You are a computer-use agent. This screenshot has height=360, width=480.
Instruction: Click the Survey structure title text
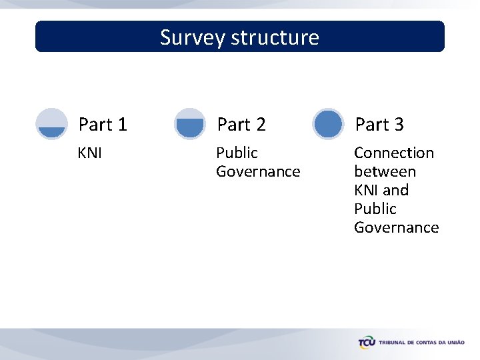point(239,37)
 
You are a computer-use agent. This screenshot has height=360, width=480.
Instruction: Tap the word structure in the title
point(275,37)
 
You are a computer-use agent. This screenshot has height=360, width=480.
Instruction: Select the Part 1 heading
point(103,125)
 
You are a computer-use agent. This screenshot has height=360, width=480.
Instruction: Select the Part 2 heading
point(241,125)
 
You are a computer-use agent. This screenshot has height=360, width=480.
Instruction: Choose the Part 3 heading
point(379,125)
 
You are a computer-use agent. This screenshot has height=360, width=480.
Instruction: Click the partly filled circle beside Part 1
point(51,124)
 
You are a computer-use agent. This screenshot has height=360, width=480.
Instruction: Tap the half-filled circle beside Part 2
point(190,124)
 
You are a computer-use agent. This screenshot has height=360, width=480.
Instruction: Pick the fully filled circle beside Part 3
point(328,124)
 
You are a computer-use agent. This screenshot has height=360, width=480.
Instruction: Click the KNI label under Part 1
point(90,153)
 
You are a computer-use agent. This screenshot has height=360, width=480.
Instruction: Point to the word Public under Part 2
point(237,153)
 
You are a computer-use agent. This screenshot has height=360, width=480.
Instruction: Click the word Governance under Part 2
point(258,172)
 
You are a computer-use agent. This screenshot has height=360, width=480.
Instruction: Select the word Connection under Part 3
point(394,153)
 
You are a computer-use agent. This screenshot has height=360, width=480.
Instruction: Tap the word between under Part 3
point(385,172)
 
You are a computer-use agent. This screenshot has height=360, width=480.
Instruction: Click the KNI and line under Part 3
point(381,191)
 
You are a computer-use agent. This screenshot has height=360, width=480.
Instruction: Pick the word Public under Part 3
point(375,209)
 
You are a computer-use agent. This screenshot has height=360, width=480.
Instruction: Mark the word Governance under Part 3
point(396,228)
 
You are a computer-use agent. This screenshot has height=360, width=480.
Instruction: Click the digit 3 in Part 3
point(398,125)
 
